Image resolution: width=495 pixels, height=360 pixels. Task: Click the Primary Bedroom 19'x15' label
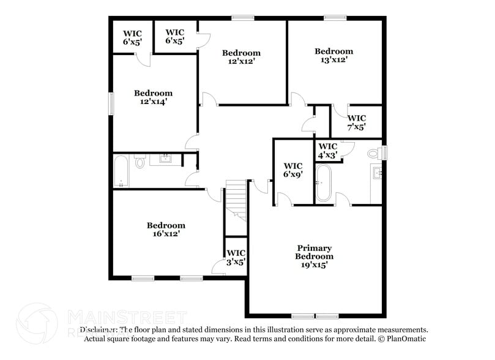click(x=314, y=257)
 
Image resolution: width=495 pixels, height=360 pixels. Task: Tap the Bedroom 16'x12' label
click(x=166, y=229)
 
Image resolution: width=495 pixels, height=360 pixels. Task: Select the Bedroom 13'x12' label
click(x=333, y=56)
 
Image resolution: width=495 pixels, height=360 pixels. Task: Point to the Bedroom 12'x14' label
click(x=153, y=97)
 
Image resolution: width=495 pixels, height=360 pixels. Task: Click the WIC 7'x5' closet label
click(x=357, y=122)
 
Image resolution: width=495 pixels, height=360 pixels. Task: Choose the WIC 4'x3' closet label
click(x=327, y=151)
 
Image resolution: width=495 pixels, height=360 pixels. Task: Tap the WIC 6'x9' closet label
click(x=293, y=170)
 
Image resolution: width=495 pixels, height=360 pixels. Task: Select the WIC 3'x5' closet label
click(x=236, y=257)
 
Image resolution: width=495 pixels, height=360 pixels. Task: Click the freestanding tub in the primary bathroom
click(x=322, y=184)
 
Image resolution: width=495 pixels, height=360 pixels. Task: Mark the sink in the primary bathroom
click(x=378, y=174)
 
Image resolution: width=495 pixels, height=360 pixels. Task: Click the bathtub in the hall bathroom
click(x=121, y=171)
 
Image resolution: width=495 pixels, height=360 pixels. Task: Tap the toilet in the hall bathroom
click(x=140, y=162)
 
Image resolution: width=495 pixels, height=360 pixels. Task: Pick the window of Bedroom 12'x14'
click(x=111, y=102)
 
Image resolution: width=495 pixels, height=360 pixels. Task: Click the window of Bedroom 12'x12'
click(x=242, y=18)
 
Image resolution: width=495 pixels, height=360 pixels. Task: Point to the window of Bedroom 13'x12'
click(x=335, y=18)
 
